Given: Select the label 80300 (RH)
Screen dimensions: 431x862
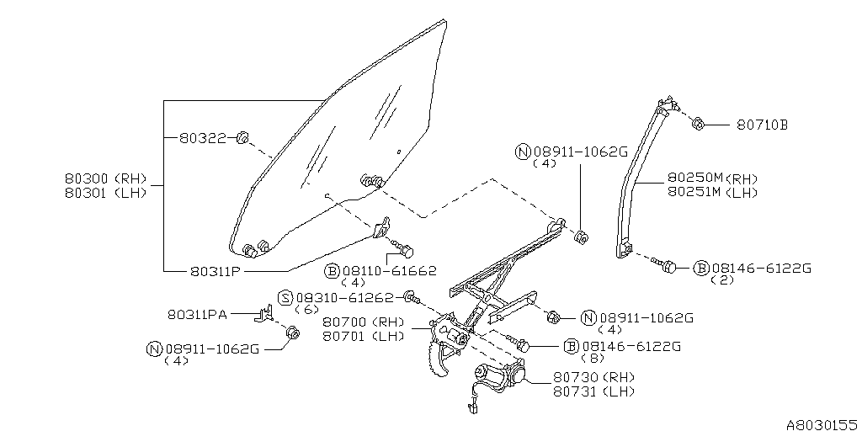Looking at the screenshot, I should click(105, 178).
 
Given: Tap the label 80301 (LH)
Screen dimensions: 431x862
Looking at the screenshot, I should click(105, 192).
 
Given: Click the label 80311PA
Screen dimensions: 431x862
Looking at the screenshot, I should click(197, 314).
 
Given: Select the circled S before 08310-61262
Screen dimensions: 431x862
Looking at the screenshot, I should click(285, 298).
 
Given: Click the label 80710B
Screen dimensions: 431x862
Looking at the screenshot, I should click(762, 125).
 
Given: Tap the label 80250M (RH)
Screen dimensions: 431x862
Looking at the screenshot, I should click(712, 178).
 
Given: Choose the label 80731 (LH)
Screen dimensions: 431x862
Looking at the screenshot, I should click(593, 391).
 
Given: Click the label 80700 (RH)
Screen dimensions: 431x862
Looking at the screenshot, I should click(363, 322).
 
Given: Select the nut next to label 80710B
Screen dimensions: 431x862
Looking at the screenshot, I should click(698, 125).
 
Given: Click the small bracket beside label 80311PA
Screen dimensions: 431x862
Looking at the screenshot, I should click(263, 315).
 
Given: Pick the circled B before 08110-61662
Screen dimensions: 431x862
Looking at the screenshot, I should click(332, 271).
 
